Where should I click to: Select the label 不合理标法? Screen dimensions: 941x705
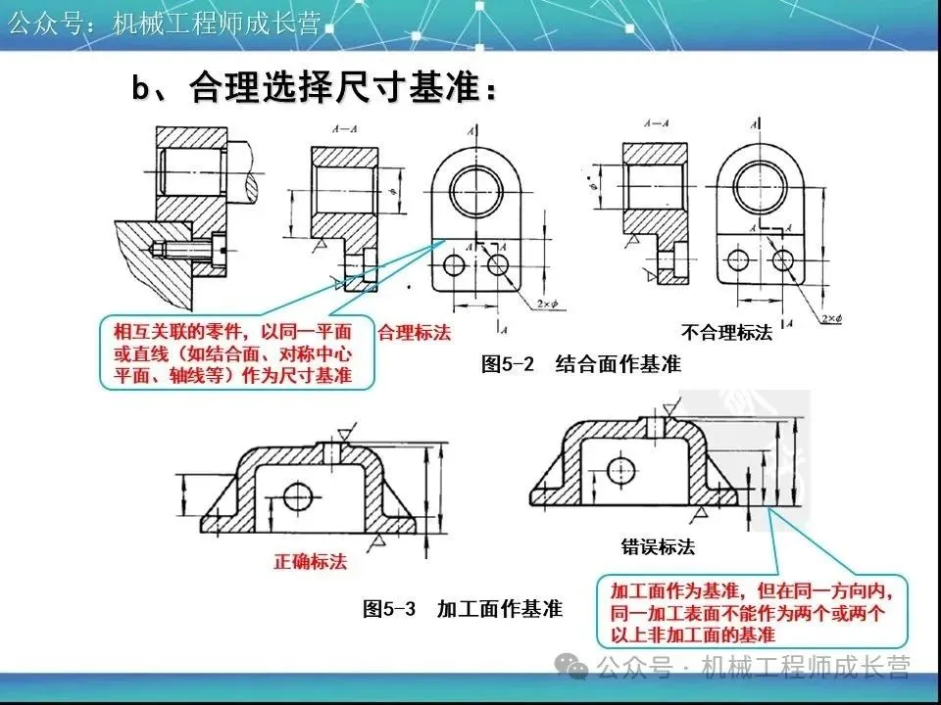[726, 333]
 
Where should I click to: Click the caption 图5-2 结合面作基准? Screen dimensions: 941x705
[581, 364]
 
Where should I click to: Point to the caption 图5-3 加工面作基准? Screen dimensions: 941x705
[463, 609]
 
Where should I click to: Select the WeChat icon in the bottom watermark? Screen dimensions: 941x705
[571, 669]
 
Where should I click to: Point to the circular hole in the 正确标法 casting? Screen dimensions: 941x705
[297, 497]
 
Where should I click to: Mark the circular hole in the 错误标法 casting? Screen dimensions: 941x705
[620, 471]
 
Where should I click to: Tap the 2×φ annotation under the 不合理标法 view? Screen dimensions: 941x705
[830, 318]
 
